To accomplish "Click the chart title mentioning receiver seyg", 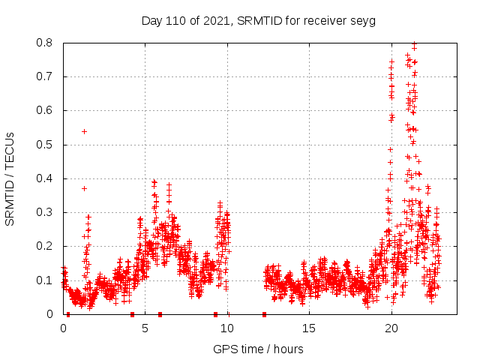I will click(258, 20).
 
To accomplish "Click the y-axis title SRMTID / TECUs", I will click(10, 178).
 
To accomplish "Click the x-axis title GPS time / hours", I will click(258, 349).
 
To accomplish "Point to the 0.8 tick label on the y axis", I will click(46, 43).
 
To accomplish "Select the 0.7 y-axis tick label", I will click(46, 76).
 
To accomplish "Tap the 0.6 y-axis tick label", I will click(46, 110).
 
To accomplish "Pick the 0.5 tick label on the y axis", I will click(46, 145).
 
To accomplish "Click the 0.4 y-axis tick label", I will click(46, 178).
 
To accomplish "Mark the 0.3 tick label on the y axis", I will click(46, 212).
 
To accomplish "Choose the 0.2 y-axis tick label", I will click(46, 246).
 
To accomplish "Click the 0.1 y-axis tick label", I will click(46, 280).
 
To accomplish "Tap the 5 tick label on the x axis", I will click(145, 328).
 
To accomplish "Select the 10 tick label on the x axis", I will click(227, 328).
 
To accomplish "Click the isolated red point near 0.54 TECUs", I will click(84, 131).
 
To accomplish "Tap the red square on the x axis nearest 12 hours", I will click(264, 314).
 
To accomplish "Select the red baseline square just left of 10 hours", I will click(215, 314).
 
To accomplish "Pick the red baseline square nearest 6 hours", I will click(160, 314).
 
